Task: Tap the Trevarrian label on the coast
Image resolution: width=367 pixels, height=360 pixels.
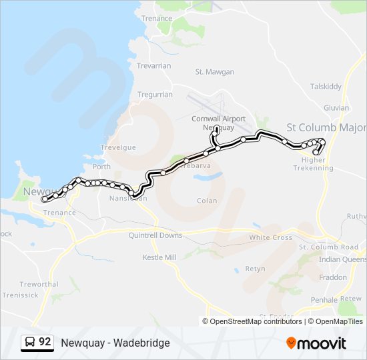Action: point(154,65)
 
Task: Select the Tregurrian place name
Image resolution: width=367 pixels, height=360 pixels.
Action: point(155,95)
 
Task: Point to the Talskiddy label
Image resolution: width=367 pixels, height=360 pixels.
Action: point(326,87)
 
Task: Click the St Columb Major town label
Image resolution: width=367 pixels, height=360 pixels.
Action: point(326,127)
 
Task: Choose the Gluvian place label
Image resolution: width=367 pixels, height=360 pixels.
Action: point(336,107)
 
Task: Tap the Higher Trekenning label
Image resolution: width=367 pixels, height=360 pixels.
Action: point(313,164)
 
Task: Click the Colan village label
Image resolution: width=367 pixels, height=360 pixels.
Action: point(207,200)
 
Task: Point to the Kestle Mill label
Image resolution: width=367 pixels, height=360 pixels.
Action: point(159,257)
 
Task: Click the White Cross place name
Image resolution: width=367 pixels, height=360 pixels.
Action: point(270,237)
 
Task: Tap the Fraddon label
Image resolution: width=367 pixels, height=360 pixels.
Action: point(334,277)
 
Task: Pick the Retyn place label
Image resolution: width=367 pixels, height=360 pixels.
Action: point(255,269)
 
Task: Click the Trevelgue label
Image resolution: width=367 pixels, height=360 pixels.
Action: point(117,147)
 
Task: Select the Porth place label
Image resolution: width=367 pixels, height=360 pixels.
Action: point(101,167)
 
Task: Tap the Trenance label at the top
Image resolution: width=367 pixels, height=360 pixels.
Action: point(157,18)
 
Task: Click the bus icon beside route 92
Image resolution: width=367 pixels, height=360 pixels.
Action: point(30,343)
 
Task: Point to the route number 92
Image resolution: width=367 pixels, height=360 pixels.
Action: point(45,342)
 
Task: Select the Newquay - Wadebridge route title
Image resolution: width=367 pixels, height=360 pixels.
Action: point(115,343)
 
